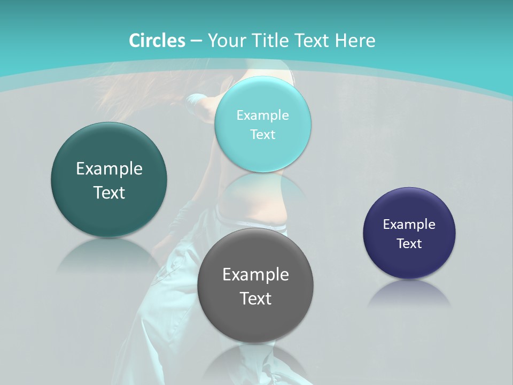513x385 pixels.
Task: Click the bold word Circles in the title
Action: (157, 41)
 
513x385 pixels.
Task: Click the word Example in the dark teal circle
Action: (109, 169)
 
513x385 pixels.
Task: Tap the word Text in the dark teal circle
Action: (109, 192)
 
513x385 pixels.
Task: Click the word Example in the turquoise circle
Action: (263, 115)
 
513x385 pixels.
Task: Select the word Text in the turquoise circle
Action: (263, 135)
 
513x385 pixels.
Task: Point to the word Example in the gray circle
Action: (255, 275)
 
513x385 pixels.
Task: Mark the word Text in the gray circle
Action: (255, 298)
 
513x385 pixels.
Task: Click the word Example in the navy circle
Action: (409, 225)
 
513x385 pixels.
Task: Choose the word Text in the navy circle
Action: (409, 244)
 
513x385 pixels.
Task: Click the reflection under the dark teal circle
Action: (109, 253)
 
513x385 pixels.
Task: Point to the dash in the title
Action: (196, 41)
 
